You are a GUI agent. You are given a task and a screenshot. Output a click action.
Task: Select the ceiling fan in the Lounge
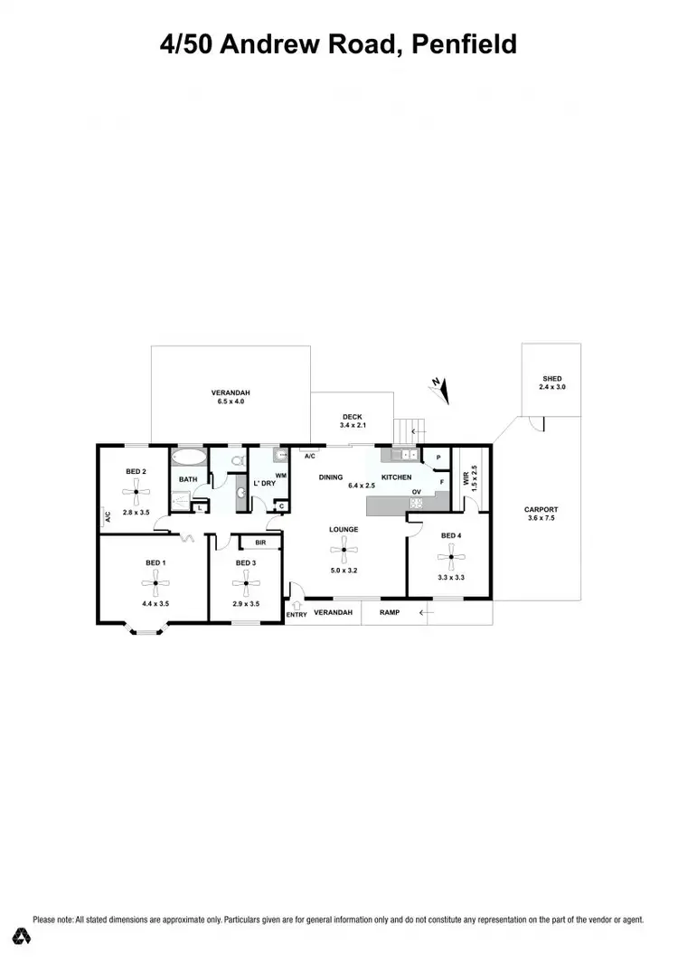coord(344,547)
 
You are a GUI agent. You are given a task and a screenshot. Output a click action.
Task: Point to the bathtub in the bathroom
coord(188,457)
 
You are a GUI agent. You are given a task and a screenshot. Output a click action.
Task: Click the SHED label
coord(551,378)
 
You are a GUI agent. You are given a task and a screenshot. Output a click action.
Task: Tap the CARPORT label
coord(541,509)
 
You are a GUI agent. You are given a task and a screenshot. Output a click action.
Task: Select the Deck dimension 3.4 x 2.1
coord(352,425)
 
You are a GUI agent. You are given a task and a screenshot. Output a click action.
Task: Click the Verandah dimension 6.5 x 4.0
coord(230,401)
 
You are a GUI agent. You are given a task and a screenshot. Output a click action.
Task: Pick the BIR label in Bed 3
coord(260,543)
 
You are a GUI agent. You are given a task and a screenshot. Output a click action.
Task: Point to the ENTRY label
coord(297,615)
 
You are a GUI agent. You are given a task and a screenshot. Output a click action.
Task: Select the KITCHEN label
coord(396,477)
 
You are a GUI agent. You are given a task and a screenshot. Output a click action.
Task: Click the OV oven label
coord(417,493)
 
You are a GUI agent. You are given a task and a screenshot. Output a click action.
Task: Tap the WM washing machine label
coord(280,476)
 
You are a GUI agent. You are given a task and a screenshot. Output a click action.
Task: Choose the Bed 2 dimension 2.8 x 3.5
coord(136,513)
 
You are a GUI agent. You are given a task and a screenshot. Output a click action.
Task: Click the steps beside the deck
coord(410,429)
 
